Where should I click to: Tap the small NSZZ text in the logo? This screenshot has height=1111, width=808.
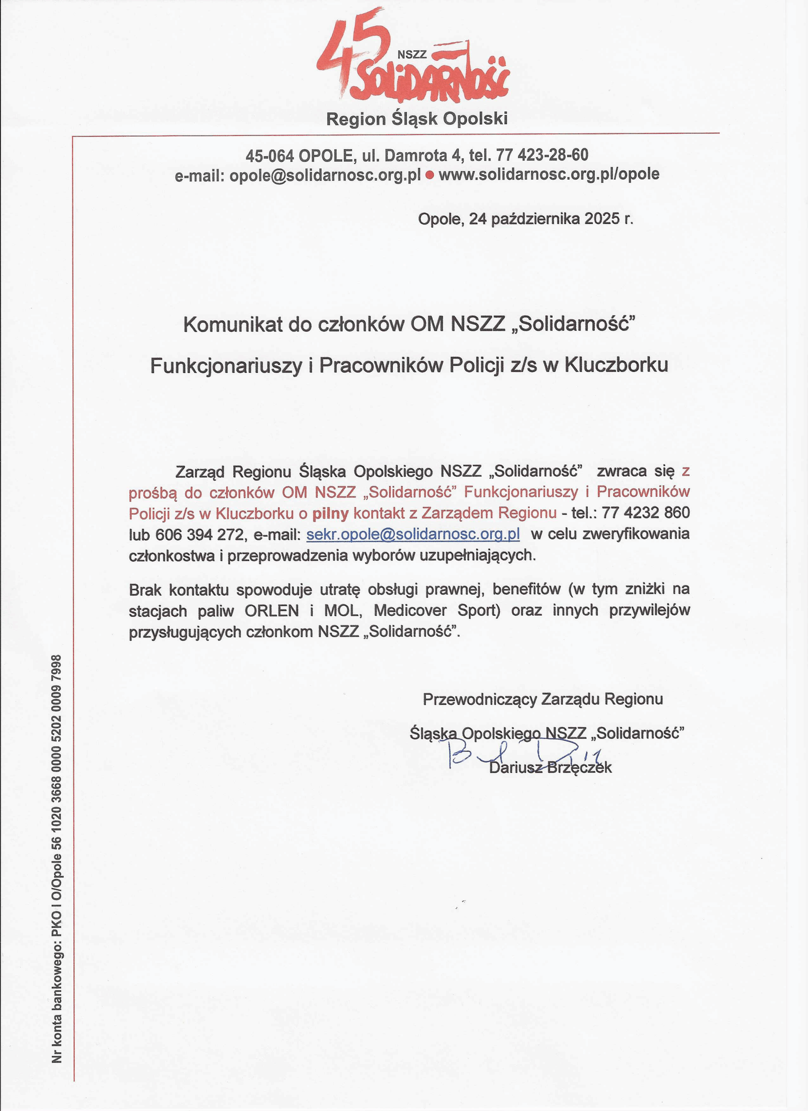click(412, 55)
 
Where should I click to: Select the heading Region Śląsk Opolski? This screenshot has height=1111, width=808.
click(416, 118)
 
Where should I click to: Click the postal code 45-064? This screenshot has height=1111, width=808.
click(270, 156)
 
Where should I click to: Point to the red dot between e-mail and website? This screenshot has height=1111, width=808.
click(430, 175)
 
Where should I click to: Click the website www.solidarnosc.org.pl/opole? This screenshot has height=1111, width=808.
click(549, 174)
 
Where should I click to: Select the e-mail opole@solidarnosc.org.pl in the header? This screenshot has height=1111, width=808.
click(325, 175)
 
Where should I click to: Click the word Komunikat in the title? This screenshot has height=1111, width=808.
click(233, 325)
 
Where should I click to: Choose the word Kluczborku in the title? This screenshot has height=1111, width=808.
click(617, 365)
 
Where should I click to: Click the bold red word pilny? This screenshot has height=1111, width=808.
click(331, 513)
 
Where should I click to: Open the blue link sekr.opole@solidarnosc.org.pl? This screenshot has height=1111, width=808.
click(412, 534)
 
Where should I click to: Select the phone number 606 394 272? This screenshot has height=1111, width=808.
click(200, 534)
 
